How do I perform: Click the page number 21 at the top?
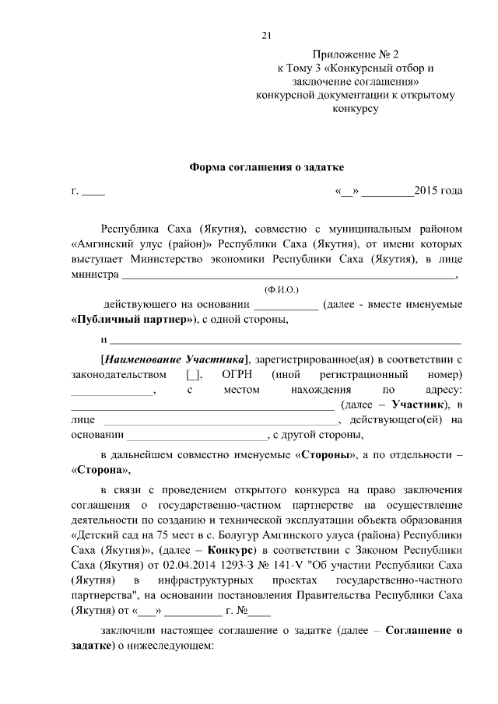(x=265, y=35)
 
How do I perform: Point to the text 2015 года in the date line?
(x=439, y=191)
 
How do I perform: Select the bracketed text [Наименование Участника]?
(x=174, y=359)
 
